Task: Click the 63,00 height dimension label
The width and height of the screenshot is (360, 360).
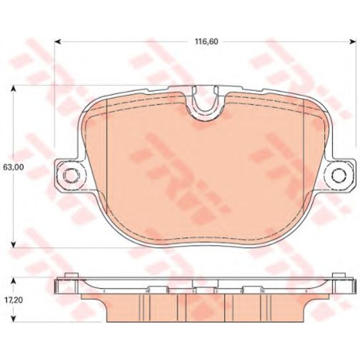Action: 13,167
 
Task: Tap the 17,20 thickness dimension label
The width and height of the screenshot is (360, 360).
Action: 13,300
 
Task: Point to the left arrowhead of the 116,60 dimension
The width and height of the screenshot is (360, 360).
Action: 58,42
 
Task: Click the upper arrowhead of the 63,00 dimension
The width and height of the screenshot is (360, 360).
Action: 14,89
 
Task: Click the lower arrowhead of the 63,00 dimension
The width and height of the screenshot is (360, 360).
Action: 14,244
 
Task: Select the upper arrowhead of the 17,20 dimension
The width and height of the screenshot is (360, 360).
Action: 14,280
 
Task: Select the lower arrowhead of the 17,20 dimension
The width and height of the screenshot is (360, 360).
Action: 14,319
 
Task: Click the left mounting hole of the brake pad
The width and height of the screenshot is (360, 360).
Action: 71,176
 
